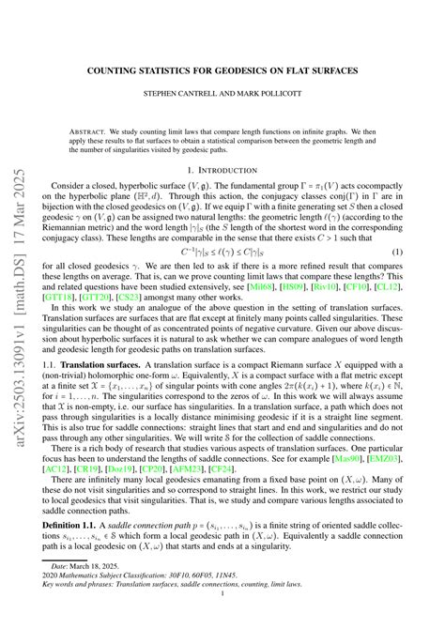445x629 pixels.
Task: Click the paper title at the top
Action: coord(238,70)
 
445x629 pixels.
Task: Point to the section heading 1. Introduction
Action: coord(238,170)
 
